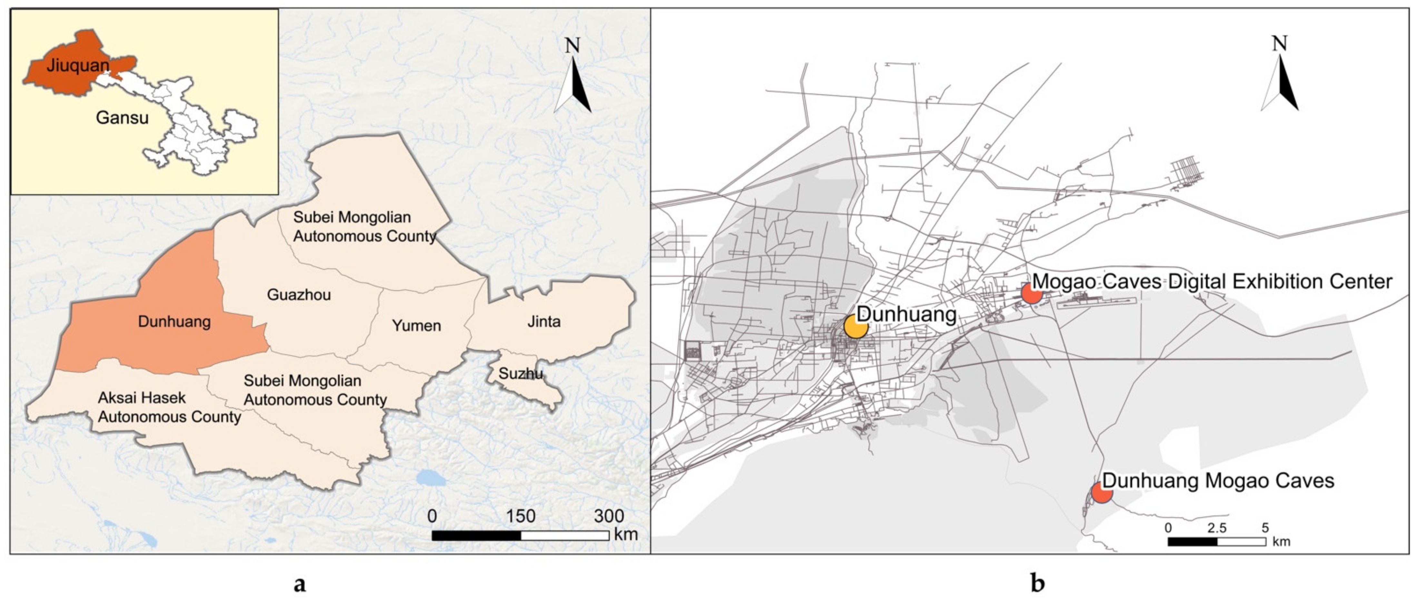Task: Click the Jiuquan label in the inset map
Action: [x=78, y=65]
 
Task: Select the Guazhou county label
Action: [x=299, y=295]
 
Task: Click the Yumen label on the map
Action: [x=416, y=325]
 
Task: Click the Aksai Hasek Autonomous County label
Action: [x=169, y=407]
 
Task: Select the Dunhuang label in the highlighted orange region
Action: [x=174, y=322]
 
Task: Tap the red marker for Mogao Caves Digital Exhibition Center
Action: [x=1031, y=293]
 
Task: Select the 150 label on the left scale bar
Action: [x=520, y=516]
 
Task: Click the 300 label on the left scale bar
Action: [x=608, y=516]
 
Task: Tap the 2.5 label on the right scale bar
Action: [x=1217, y=528]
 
